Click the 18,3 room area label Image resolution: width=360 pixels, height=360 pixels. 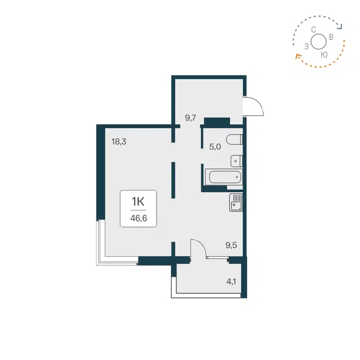(x=118, y=142)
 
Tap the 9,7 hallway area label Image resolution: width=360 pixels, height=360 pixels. (x=190, y=118)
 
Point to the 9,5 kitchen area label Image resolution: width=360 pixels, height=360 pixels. (x=231, y=245)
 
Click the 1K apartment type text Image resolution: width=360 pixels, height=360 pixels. (x=138, y=201)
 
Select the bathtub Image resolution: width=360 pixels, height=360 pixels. (x=223, y=177)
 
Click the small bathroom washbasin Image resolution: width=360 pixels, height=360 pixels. (x=236, y=161)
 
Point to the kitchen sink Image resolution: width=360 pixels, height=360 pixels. (x=236, y=202)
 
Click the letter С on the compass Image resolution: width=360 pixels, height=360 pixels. (x=313, y=30)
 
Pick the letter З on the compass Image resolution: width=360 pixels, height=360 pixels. (x=306, y=46)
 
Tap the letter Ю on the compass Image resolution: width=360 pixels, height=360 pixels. (x=324, y=55)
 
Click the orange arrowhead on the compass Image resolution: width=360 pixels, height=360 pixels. (x=297, y=57)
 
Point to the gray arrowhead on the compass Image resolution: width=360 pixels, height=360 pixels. (x=340, y=27)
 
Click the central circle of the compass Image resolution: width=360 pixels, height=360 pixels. (x=319, y=42)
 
